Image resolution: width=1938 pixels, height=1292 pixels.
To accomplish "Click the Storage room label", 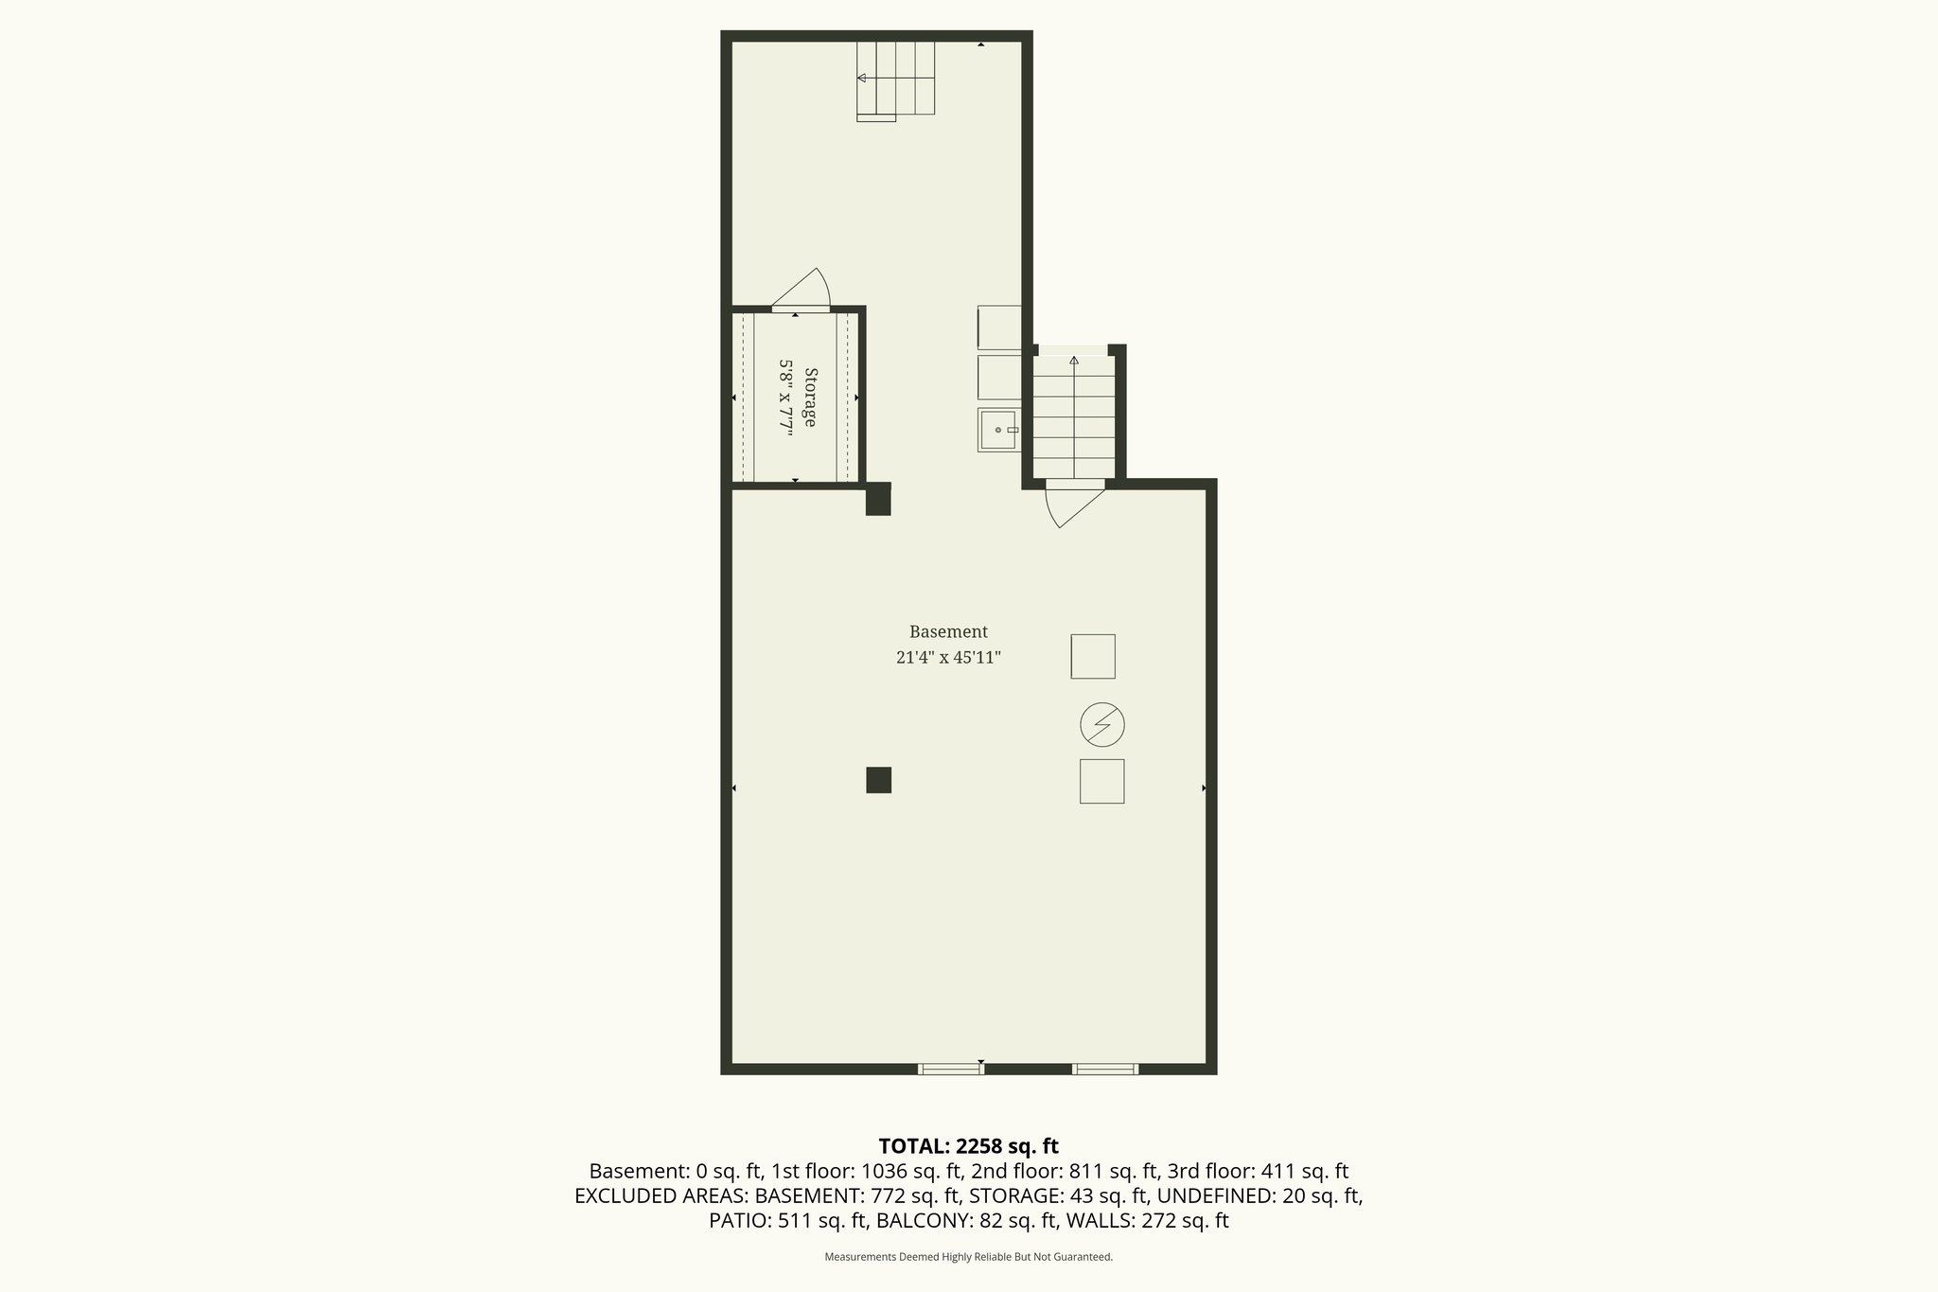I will pyautogui.click(x=810, y=398).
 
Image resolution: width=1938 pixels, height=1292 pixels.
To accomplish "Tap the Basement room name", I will pyautogui.click(x=948, y=631).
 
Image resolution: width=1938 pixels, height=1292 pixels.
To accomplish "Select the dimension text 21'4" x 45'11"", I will pyautogui.click(x=948, y=658).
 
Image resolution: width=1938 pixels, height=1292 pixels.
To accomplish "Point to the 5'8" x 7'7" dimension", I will pyautogui.click(x=785, y=398).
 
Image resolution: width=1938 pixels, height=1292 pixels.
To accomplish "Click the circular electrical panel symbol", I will pyautogui.click(x=1102, y=725).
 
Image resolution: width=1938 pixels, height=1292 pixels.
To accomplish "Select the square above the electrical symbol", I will pyautogui.click(x=1093, y=656).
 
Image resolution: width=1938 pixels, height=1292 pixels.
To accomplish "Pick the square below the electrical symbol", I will pyautogui.click(x=1102, y=782).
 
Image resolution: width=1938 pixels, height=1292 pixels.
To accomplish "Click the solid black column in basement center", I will pyautogui.click(x=878, y=780).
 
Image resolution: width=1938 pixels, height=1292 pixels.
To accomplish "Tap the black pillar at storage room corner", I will pyautogui.click(x=878, y=499).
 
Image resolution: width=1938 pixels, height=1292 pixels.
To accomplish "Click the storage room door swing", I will pyautogui.click(x=804, y=289).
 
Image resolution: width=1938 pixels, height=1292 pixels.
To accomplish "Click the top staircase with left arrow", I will pyautogui.click(x=895, y=79).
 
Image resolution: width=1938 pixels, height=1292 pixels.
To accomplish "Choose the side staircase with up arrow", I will pyautogui.click(x=1074, y=416).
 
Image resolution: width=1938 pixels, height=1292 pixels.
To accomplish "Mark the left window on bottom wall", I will pyautogui.click(x=951, y=1069).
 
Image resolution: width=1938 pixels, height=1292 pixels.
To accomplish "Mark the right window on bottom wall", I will pyautogui.click(x=1105, y=1069).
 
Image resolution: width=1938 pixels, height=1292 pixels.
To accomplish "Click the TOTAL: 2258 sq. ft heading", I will pyautogui.click(x=968, y=1146).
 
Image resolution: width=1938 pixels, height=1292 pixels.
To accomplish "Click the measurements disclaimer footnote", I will pyautogui.click(x=968, y=1257).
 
